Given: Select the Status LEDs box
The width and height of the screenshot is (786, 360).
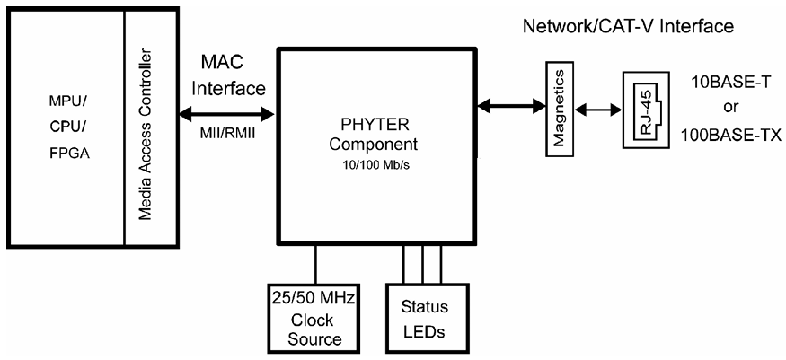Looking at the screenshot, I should pyautogui.click(x=417, y=319).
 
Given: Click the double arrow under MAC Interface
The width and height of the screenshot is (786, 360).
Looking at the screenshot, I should pyautogui.click(x=228, y=114).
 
